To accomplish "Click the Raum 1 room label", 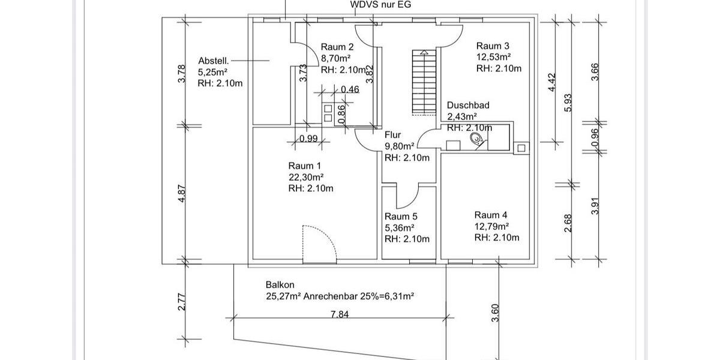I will (305, 166).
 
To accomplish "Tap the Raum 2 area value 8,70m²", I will (336, 58).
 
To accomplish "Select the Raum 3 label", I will (493, 46).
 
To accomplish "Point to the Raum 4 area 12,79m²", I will (491, 226).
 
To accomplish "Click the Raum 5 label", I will (401, 217).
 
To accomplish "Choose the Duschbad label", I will (468, 105).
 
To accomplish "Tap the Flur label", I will (392, 135).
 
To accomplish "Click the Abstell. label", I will (213, 61).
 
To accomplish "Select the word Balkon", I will (280, 285).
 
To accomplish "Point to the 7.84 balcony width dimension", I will (340, 313).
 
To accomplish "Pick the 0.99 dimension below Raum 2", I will (308, 139).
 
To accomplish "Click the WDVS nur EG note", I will (380, 5).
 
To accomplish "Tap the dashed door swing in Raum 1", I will (317, 243).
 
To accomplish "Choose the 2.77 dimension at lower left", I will (182, 301).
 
